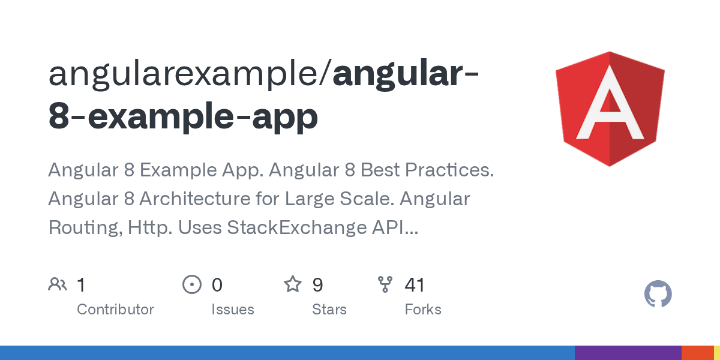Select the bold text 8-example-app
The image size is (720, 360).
pos(183,117)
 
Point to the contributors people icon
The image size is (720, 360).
pos(58,284)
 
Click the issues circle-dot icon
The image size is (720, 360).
pos(191,284)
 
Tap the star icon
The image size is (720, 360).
pos(293,284)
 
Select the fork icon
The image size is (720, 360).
pos(385,284)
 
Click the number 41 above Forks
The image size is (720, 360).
pos(415,285)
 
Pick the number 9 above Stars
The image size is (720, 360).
pos(318,285)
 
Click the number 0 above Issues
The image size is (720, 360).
pos(217,285)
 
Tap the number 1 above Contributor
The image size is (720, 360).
pos(82,285)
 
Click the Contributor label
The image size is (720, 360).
pos(115,310)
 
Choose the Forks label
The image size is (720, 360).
pos(423,310)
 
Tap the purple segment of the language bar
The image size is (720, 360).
pos(628,353)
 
